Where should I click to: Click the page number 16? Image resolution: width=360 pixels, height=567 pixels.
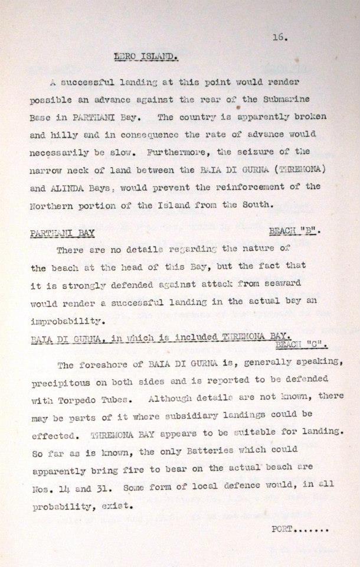280,37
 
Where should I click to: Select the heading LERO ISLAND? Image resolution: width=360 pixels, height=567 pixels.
146,57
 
